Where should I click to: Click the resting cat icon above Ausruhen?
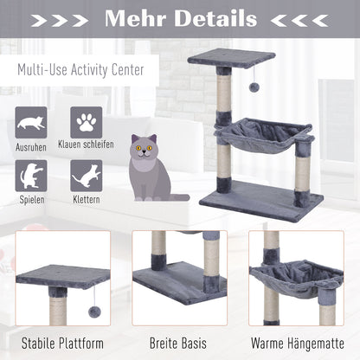click(x=32, y=122)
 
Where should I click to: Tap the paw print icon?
click(x=86, y=122)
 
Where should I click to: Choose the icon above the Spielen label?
click(x=32, y=176)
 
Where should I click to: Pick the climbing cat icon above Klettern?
click(x=86, y=176)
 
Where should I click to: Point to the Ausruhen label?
click(x=32, y=147)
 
